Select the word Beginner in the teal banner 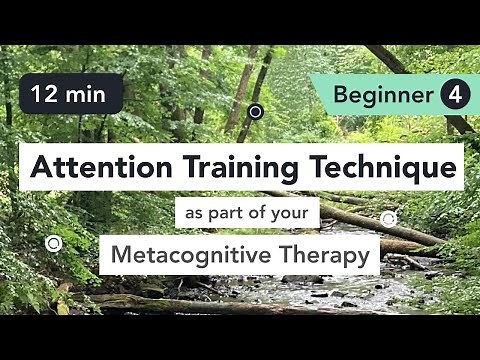pos(385,96)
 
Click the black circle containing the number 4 pos(453,96)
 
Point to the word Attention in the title pos(91,166)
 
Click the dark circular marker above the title pos(255,111)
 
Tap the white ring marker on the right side pos(388,218)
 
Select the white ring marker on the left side pos(54,242)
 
